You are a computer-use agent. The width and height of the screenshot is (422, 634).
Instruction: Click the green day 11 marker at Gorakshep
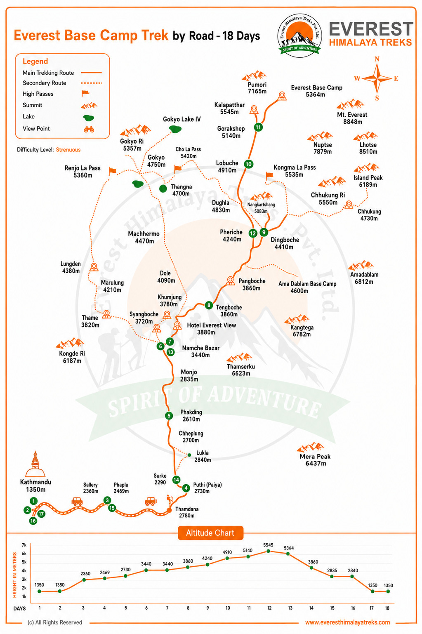click(x=258, y=127)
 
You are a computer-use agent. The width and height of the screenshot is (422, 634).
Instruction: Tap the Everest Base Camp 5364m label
click(x=316, y=91)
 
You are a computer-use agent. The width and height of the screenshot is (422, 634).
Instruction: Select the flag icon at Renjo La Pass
click(x=112, y=171)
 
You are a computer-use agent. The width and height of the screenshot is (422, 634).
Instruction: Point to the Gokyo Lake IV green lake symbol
click(x=175, y=130)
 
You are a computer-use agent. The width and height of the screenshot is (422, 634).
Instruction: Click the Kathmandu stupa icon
click(x=35, y=464)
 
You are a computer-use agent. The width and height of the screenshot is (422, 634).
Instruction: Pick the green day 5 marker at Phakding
click(x=169, y=415)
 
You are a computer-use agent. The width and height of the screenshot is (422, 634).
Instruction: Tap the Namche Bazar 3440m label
click(x=200, y=351)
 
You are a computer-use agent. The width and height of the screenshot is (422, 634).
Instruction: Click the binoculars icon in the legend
click(x=89, y=130)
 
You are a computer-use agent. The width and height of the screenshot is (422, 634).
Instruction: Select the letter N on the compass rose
click(x=377, y=59)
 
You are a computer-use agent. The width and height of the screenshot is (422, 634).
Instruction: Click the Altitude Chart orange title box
click(x=210, y=533)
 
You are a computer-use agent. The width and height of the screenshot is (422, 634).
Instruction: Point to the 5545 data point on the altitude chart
click(x=268, y=551)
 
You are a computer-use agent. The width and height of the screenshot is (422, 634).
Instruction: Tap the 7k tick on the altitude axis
click(x=24, y=545)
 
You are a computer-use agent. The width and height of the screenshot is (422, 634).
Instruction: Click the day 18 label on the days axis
click(x=387, y=608)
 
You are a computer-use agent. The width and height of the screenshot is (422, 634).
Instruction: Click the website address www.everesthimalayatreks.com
click(x=347, y=622)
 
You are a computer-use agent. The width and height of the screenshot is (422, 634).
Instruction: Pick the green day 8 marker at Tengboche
click(x=209, y=305)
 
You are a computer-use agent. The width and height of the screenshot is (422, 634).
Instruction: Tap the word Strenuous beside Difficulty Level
click(x=68, y=150)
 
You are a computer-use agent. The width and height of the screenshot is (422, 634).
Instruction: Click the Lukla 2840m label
click(x=203, y=456)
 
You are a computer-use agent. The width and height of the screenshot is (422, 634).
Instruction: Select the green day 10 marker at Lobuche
click(x=248, y=164)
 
